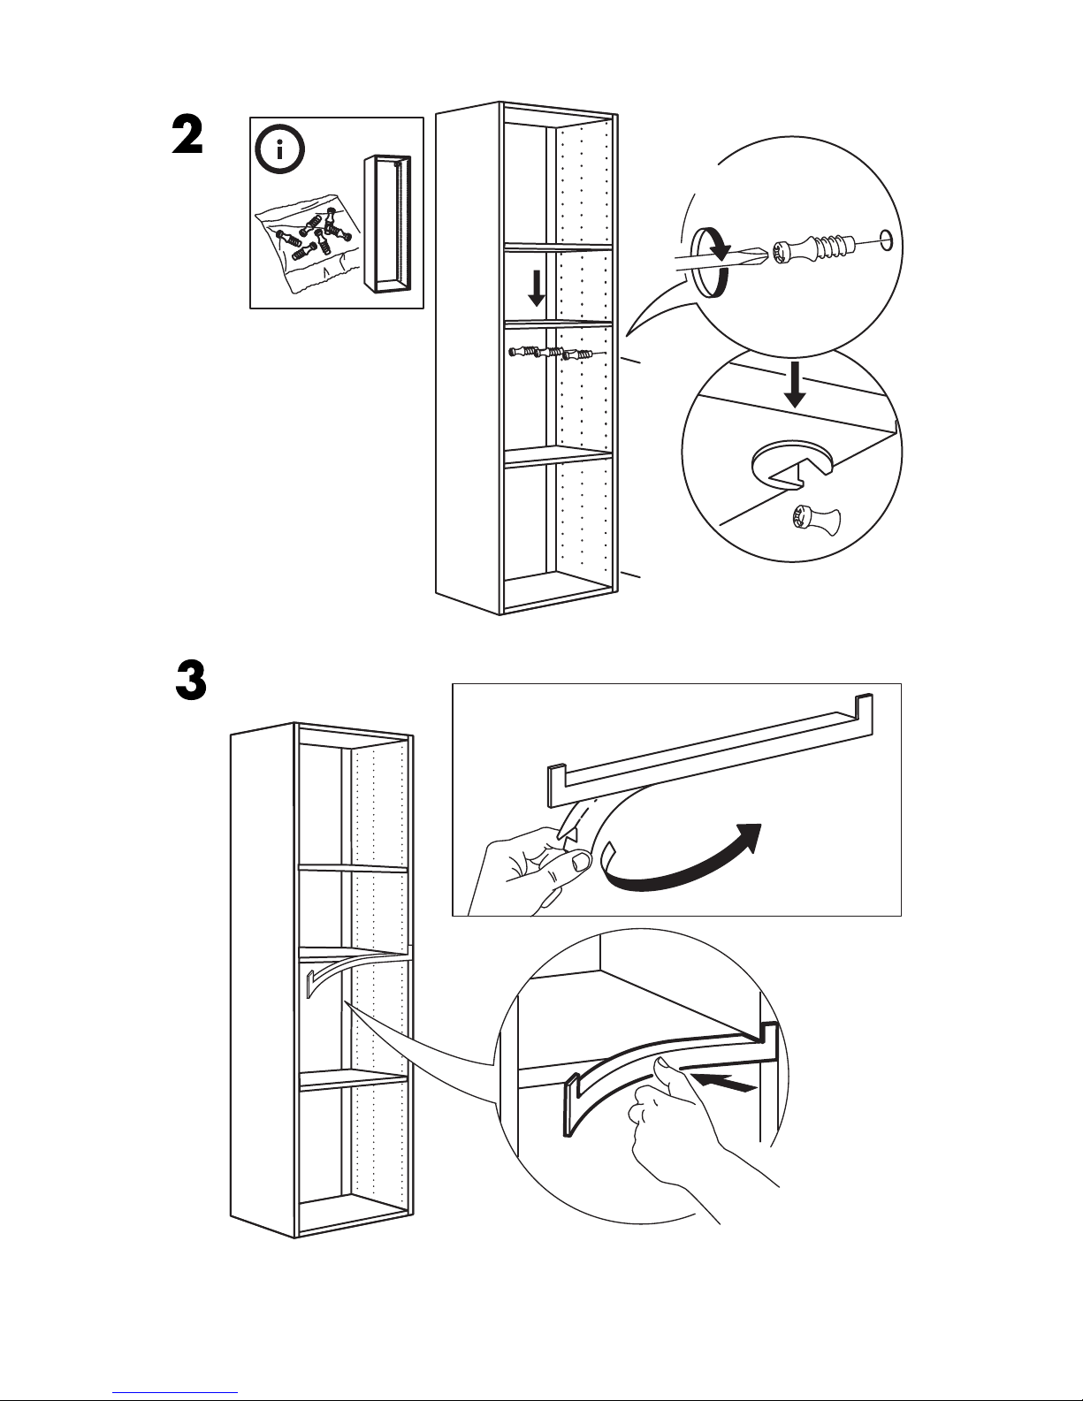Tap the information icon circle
[280, 149]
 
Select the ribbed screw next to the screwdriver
[811, 248]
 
